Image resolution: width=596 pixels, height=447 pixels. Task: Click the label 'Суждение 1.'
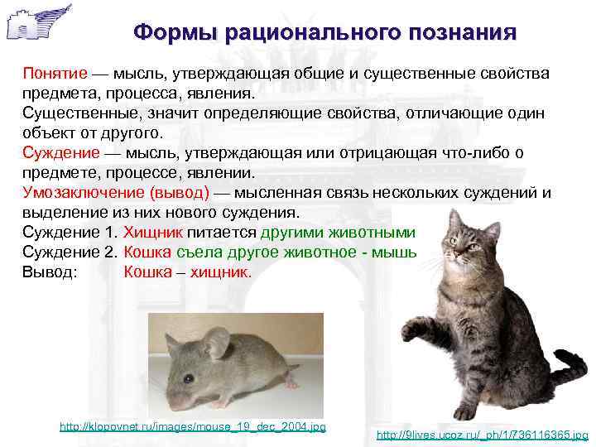pos(69,233)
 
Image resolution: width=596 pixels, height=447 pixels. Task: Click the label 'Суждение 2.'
pos(69,252)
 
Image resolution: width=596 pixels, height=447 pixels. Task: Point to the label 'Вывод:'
pos(49,272)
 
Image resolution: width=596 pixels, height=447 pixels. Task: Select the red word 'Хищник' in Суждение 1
pos(150,233)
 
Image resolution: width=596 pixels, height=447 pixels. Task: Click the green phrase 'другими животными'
pos(338,233)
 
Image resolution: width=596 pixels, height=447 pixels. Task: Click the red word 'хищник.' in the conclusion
pos(220,272)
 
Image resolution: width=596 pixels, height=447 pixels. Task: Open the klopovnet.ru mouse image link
pos(193,426)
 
